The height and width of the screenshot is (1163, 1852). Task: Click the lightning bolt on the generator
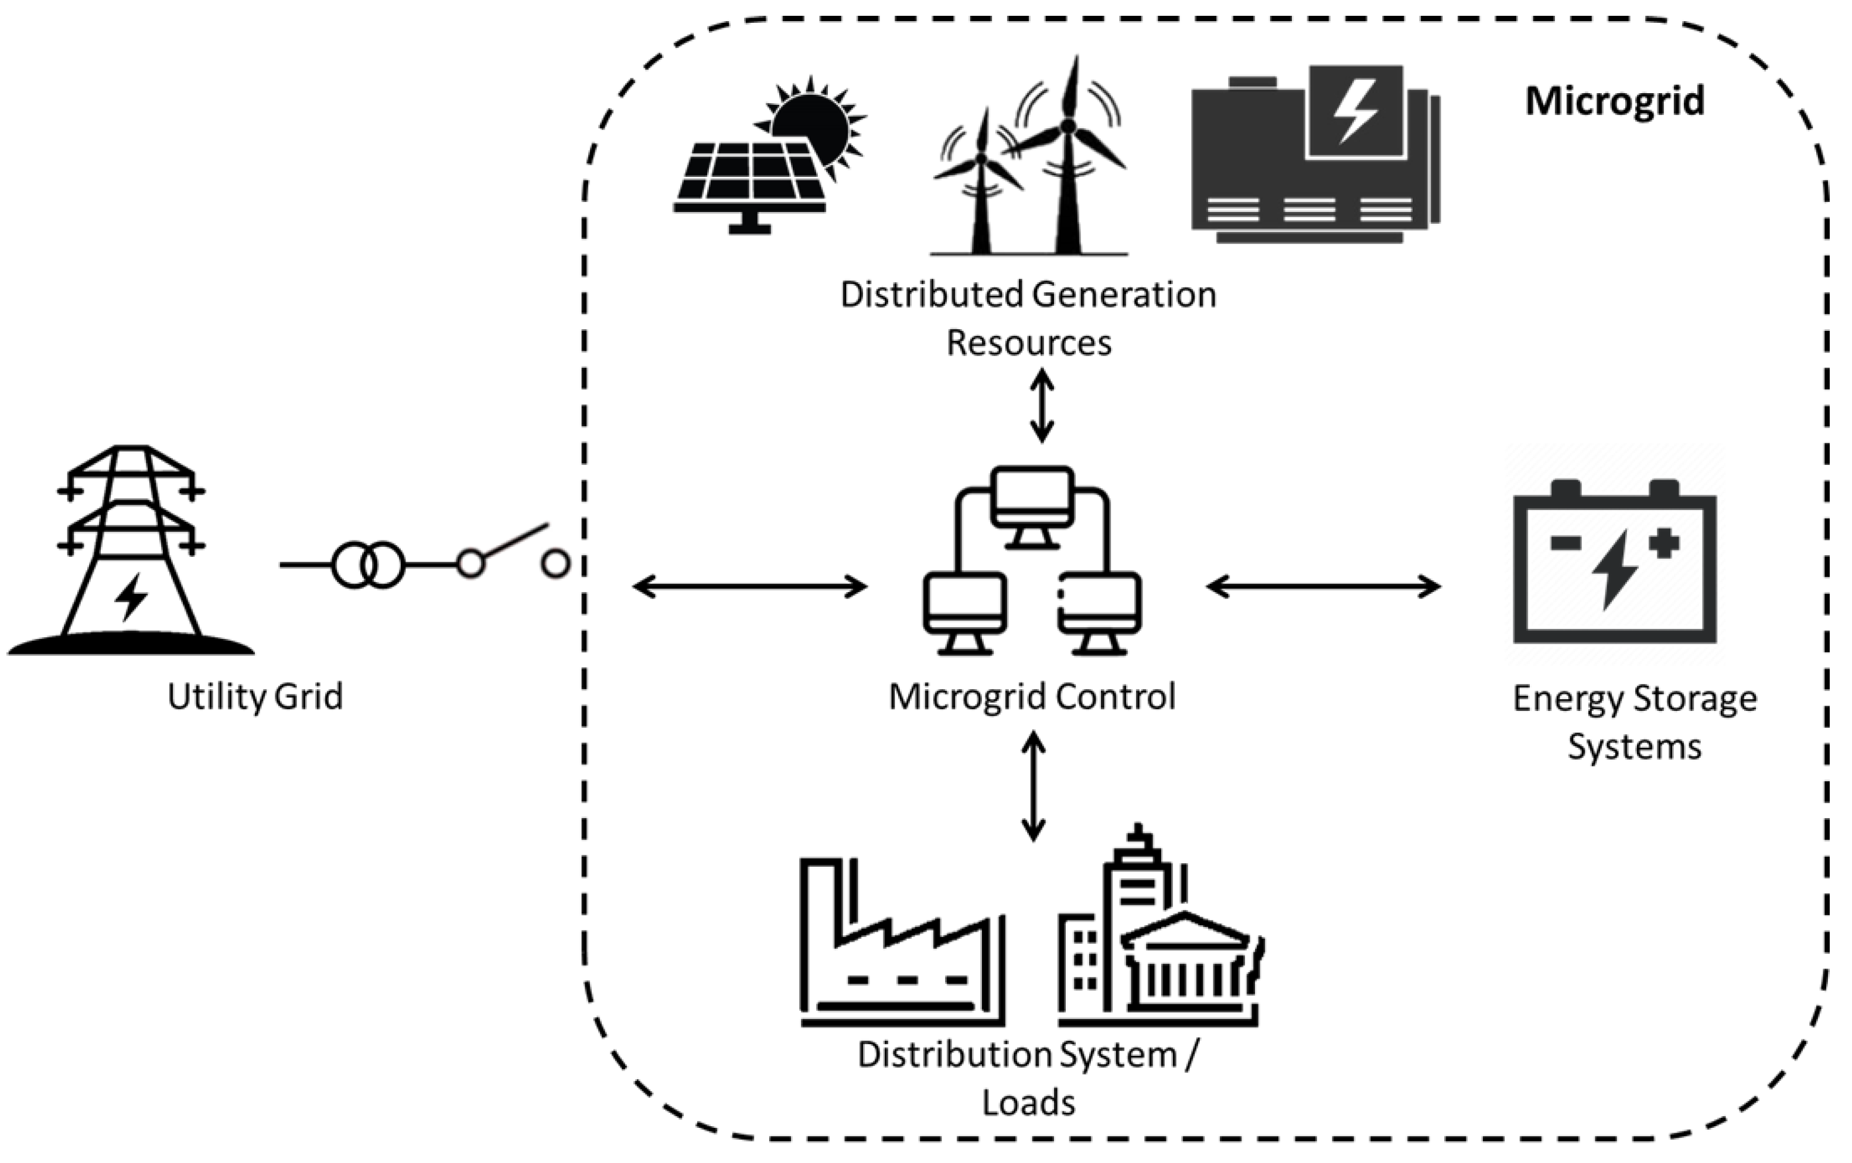click(x=1355, y=111)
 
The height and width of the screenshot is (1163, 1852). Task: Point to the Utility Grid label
click(x=255, y=696)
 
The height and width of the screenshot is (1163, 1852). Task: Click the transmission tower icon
click(x=131, y=550)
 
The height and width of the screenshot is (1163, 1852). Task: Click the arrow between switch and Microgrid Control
click(x=750, y=587)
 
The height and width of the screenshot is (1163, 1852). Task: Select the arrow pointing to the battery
click(x=1323, y=587)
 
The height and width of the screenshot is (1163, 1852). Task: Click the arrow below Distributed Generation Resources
click(x=1042, y=406)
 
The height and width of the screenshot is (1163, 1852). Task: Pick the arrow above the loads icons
click(x=1033, y=786)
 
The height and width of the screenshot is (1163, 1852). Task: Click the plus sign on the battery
click(x=1663, y=543)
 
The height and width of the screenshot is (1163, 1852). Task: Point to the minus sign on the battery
click(x=1565, y=543)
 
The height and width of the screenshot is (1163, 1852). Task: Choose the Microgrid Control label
click(x=1031, y=696)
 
